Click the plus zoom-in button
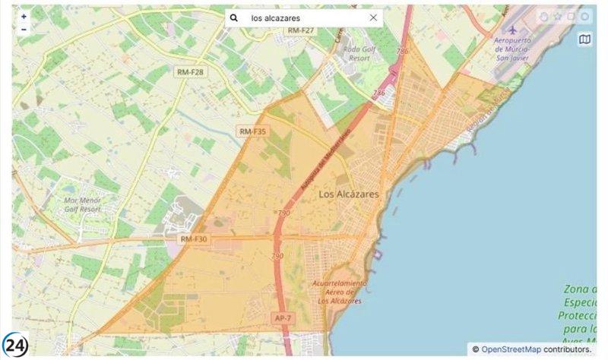(24, 16)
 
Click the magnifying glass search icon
(235, 17)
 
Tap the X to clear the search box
(373, 17)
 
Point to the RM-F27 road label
(301, 30)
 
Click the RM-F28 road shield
(190, 71)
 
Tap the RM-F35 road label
(253, 131)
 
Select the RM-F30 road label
(194, 238)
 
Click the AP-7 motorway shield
(282, 317)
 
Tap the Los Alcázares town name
(349, 194)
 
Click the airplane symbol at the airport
(513, 28)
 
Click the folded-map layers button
(584, 39)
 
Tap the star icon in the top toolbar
(557, 16)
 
